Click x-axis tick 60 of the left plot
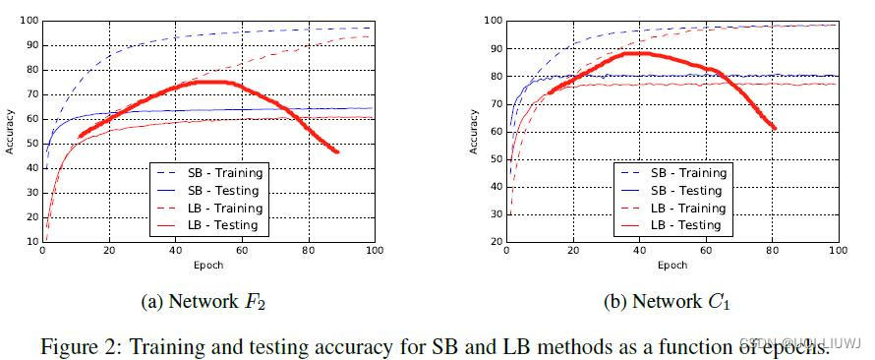pos(241,251)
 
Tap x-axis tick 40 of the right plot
pos(639,252)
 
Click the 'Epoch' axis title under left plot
pos(206,265)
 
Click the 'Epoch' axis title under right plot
pos(671,265)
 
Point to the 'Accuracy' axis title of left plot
pos(10,131)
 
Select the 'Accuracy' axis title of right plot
pos(474,131)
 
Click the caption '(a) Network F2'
pos(205,303)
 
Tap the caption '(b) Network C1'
pos(671,303)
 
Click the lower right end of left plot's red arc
pos(337,151)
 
